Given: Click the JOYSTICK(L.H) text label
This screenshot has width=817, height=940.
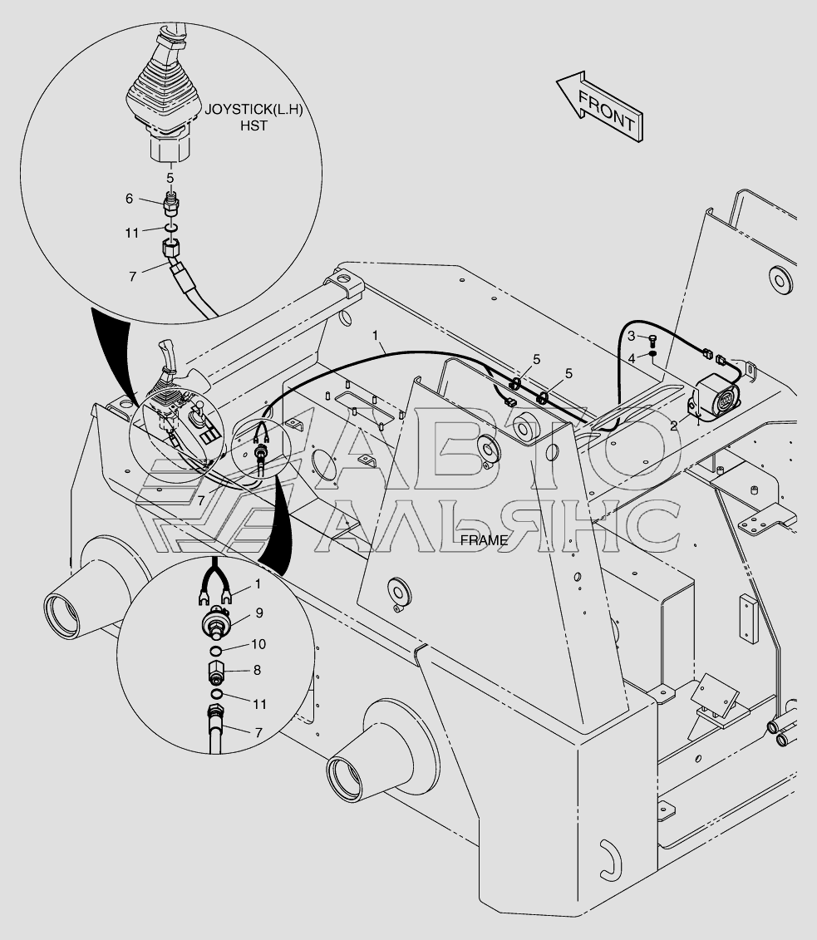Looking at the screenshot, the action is (x=254, y=110).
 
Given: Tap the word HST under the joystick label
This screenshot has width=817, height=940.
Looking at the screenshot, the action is (x=254, y=125).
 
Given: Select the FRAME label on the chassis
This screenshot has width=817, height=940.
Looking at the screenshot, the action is (x=484, y=541).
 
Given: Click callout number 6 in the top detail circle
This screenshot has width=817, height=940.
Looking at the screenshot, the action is (x=129, y=198).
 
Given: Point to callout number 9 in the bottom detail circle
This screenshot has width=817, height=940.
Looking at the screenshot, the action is (x=259, y=613).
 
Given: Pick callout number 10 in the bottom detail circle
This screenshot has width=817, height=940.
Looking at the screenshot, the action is (x=258, y=644).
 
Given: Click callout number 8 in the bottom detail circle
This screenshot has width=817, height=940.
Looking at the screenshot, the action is (x=257, y=670).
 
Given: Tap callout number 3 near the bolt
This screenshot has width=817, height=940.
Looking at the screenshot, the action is (x=631, y=336).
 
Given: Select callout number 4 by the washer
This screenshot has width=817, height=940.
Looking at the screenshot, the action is (x=631, y=358).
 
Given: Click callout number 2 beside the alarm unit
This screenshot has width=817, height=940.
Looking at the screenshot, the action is (x=674, y=426).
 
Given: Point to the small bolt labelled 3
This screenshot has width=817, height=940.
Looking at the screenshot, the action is (x=652, y=341).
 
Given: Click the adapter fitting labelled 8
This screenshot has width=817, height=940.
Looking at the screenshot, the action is (x=217, y=672).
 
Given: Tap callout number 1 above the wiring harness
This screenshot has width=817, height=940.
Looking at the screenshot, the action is (x=376, y=335).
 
